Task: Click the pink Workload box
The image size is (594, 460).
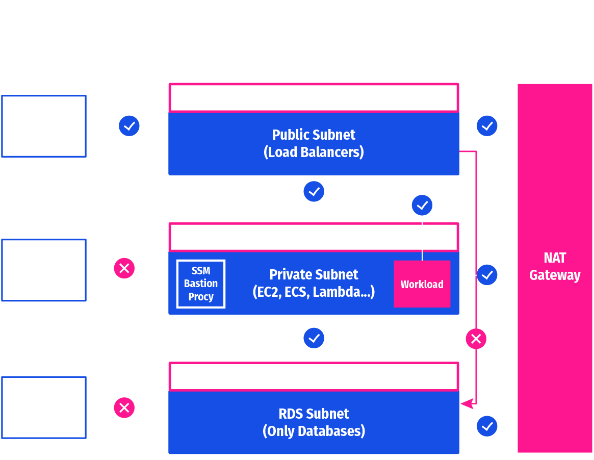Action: [x=422, y=284]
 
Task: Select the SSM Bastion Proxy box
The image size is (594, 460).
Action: [x=200, y=284]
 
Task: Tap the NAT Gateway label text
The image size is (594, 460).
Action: [x=555, y=267]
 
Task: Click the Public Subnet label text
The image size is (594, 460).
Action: [x=314, y=135]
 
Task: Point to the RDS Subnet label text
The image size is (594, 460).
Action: [x=314, y=414]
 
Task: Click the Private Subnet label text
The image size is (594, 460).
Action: [x=314, y=275]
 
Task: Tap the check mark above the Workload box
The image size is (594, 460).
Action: [x=422, y=206]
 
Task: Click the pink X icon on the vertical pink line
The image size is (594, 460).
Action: [x=476, y=339]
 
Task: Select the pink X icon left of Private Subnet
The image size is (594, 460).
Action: [x=124, y=268]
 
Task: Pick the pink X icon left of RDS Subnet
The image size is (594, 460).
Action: [x=124, y=407]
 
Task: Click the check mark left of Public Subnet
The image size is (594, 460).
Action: [x=129, y=125]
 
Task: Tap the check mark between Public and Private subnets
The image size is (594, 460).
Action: [x=314, y=192]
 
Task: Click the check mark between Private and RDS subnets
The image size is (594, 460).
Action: [x=314, y=338]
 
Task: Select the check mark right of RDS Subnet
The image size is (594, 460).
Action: [x=487, y=426]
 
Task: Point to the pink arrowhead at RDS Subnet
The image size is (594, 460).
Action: [x=465, y=404]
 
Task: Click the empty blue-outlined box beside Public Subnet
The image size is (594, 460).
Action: [x=44, y=126]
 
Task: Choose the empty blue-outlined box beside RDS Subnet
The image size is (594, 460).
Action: [x=44, y=407]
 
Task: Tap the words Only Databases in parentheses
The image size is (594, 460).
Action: [x=314, y=431]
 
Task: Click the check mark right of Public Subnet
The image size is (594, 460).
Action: [x=487, y=125]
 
